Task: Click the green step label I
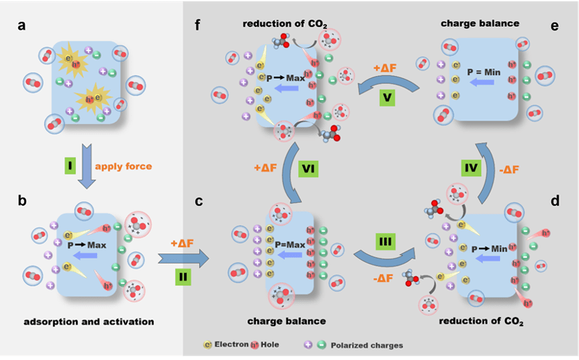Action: (70, 168)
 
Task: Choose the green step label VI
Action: (307, 168)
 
